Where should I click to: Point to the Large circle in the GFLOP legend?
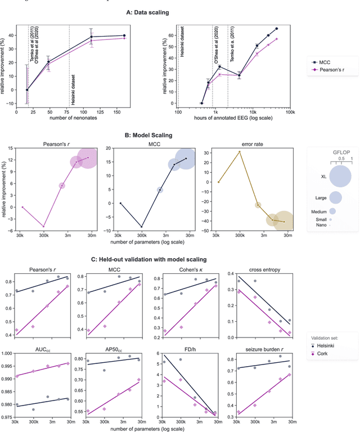(335, 197)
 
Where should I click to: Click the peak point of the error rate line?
(240, 151)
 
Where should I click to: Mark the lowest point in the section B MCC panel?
(141, 227)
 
